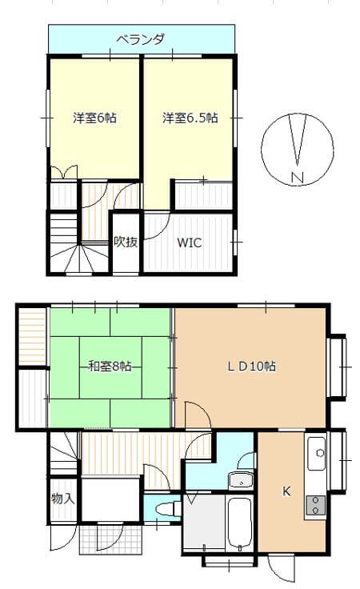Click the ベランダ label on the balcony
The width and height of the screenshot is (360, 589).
tap(141, 38)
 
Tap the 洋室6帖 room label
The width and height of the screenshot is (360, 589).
tap(94, 118)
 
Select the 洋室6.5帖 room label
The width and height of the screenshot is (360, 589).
tap(190, 118)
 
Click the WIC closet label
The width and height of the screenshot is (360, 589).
tap(189, 242)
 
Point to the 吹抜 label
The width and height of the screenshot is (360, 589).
tap(125, 242)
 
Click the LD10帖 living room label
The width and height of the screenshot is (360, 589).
tap(250, 367)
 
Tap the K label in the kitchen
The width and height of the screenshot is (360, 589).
tap(286, 491)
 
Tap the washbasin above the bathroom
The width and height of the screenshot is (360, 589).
tap(239, 480)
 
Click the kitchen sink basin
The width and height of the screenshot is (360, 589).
tap(316, 453)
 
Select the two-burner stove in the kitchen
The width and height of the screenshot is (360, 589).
tap(315, 505)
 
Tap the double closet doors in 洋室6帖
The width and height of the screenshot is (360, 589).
tap(63, 171)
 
